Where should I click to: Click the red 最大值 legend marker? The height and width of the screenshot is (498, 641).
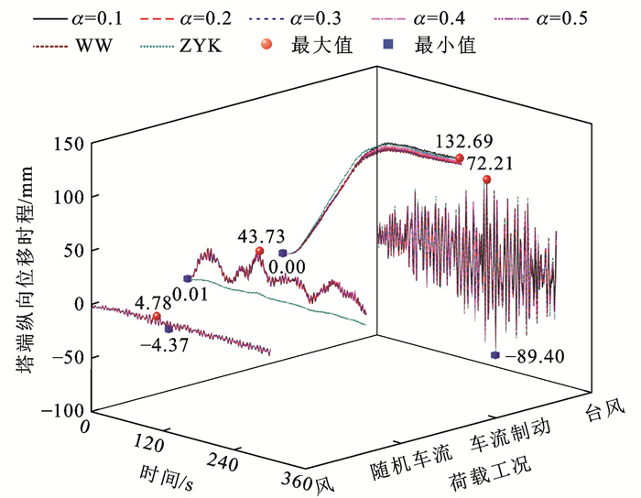coord(292,46)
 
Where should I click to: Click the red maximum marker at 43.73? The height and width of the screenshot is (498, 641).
coord(259,252)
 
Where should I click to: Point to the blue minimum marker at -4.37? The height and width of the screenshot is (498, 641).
coord(168,328)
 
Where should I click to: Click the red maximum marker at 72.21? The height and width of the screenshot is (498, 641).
coord(486,179)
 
